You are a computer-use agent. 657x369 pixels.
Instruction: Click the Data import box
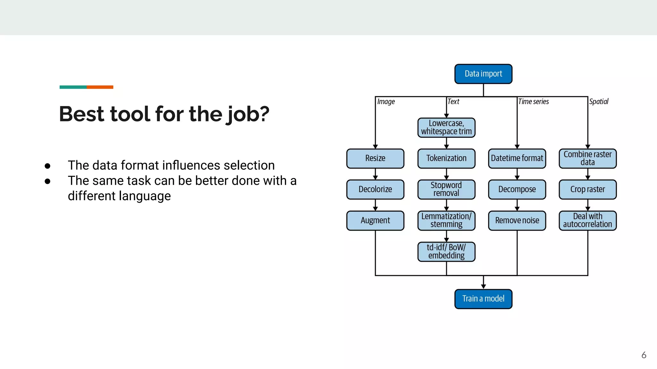point(483,74)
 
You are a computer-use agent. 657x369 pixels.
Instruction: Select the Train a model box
point(483,299)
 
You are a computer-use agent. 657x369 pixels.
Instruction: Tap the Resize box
point(375,158)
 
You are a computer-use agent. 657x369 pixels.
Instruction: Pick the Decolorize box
point(375,189)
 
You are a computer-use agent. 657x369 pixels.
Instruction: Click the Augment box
point(375,220)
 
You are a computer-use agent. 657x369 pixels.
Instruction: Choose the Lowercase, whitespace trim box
point(446,127)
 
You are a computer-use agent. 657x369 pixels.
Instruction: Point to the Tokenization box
point(446,158)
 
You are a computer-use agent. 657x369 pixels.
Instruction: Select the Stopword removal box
point(446,189)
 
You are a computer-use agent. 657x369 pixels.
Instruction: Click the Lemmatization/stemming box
point(446,220)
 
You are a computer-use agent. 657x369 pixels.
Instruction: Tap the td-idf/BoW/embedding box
point(446,251)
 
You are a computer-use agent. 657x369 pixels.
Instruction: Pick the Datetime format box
point(517,158)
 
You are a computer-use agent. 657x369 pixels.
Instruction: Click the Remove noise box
point(517,220)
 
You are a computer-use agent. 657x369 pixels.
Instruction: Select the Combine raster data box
point(587,158)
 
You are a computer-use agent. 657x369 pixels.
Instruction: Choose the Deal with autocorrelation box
point(587,220)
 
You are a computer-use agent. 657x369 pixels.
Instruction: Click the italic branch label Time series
point(533,102)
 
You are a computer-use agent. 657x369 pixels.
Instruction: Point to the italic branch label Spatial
point(599,102)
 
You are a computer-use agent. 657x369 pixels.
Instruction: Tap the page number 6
point(644,355)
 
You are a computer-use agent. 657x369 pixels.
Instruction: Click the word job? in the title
point(247,114)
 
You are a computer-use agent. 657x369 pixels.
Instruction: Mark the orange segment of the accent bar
point(100,87)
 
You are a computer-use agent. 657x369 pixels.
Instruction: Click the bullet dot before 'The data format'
point(47,166)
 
